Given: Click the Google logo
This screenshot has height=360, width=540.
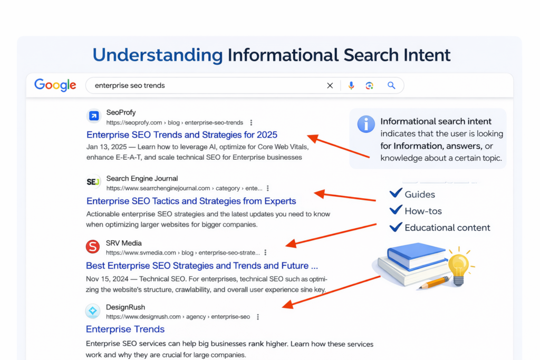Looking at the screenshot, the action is [55, 85].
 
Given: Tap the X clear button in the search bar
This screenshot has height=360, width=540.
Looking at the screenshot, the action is [330, 85].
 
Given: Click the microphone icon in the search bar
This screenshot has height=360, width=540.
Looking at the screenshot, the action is [351, 85].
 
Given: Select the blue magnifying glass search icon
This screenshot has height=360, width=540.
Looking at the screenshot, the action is [391, 85].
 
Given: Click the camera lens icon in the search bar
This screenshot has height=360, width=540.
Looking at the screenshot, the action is [370, 85].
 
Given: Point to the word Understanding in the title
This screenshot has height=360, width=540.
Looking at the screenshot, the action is [158, 55].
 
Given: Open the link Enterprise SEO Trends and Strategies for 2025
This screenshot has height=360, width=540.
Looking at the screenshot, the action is [182, 134].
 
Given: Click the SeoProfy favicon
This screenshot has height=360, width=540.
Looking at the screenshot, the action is [94, 116].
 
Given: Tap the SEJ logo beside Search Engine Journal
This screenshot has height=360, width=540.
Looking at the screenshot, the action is [93, 182].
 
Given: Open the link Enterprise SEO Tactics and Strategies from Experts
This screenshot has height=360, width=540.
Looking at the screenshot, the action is [191, 201].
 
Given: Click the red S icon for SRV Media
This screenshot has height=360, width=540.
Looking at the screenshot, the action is [93, 247].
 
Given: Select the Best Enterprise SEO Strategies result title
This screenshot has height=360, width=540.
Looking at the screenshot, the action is [202, 266].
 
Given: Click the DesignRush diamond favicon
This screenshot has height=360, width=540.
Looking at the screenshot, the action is [93, 311].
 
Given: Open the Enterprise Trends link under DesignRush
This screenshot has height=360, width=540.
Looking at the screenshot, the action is [125, 329].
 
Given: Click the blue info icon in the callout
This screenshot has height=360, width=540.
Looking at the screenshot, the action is [366, 124].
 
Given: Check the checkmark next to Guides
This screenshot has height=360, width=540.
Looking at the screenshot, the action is [396, 193].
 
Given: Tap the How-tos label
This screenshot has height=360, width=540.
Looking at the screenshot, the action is [423, 211].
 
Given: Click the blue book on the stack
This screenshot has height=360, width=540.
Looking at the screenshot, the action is [417, 256].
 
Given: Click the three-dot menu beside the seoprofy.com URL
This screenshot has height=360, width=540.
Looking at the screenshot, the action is [251, 122].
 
